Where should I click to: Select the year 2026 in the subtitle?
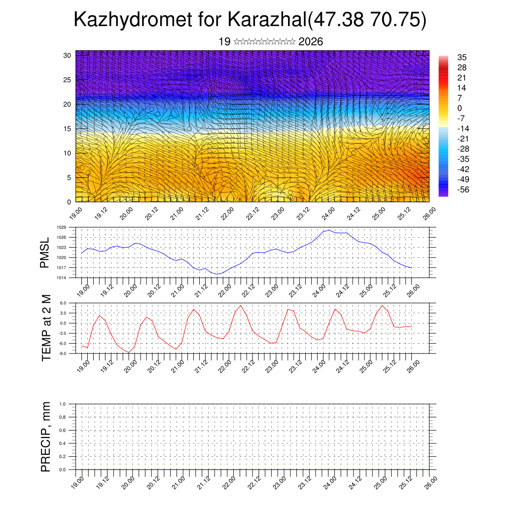click(x=311, y=42)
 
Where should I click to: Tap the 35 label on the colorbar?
click(x=462, y=57)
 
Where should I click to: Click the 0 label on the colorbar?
click(x=460, y=108)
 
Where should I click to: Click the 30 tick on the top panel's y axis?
click(x=68, y=55)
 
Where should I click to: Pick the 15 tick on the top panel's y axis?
click(x=68, y=129)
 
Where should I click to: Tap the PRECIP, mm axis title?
click(x=46, y=437)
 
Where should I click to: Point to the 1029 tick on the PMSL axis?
click(x=61, y=227)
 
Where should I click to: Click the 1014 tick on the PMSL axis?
click(x=61, y=278)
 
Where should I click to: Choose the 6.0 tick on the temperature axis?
click(x=64, y=303)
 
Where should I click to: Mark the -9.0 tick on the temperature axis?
click(x=63, y=354)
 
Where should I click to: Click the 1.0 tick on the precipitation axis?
click(x=63, y=404)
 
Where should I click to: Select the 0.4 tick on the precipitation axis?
click(x=63, y=443)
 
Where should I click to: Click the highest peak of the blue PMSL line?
click(x=329, y=230)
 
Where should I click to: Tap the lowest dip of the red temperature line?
click(x=129, y=352)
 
